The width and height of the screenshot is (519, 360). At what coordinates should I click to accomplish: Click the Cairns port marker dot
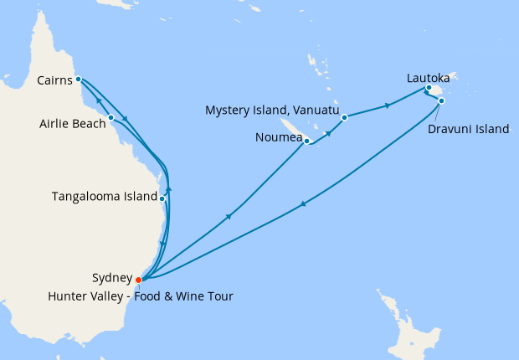point(78,80)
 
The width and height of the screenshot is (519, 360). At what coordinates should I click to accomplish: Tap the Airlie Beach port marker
point(110,117)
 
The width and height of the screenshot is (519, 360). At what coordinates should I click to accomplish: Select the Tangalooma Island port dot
point(162,198)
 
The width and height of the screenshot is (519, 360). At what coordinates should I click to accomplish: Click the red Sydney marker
point(139,280)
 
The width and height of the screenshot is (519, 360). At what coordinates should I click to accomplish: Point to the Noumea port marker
point(307,141)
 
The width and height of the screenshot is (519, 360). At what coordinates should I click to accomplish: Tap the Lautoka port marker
point(428,88)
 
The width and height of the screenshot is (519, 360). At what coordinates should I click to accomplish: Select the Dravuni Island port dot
point(441,101)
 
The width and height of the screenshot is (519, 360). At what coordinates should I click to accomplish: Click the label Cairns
point(55,80)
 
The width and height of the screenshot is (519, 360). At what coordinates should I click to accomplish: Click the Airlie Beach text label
point(73,124)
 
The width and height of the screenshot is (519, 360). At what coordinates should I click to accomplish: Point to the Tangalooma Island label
point(105,197)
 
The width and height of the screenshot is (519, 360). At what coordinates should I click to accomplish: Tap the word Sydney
point(111,278)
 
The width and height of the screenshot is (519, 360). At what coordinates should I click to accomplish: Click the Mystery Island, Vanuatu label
point(272,110)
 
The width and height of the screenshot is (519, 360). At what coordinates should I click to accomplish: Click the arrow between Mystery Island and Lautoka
point(387,105)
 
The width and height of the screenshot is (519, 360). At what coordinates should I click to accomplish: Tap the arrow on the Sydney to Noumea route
point(229,216)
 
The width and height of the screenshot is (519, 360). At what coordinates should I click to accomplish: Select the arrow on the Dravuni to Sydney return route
point(302,203)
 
